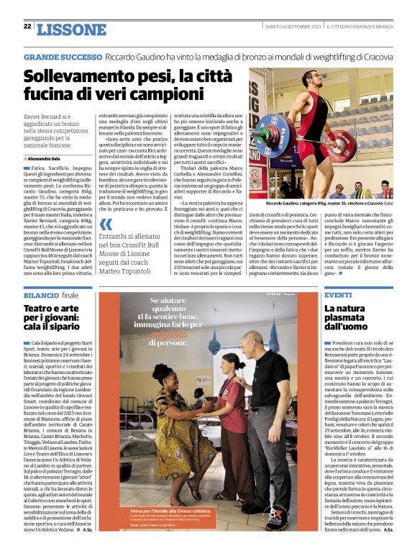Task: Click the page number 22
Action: click(x=27, y=27)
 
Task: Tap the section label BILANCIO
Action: click(x=41, y=296)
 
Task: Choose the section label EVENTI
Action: click(x=337, y=296)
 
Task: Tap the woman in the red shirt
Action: click(x=232, y=417)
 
